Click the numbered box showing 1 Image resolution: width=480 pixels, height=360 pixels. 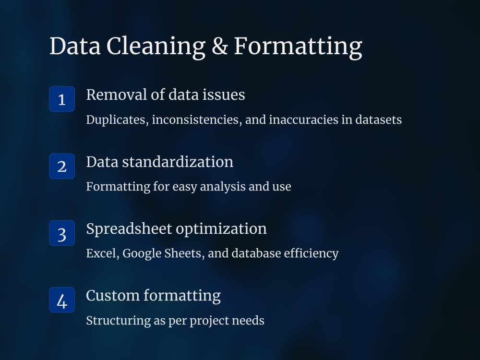62,99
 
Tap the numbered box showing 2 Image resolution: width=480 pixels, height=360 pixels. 62,166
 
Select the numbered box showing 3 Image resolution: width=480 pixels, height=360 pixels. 62,233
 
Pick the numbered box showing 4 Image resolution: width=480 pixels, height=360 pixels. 62,300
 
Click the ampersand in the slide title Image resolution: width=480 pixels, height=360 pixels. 219,47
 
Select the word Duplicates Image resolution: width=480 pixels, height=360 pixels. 117,120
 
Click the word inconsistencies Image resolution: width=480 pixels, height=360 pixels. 197,120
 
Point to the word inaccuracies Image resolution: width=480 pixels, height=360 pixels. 297,120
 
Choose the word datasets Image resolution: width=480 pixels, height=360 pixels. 378,120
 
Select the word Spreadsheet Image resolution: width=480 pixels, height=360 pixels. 129,229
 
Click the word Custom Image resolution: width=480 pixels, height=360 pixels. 113,296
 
